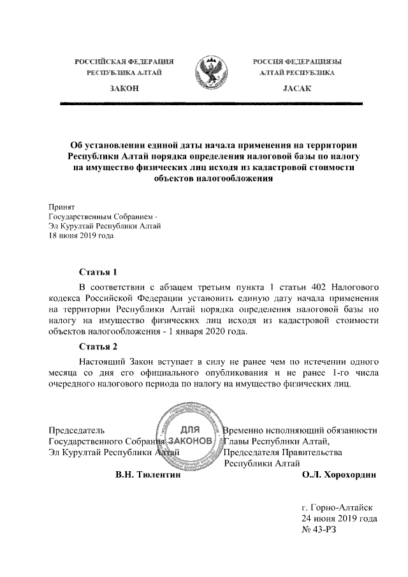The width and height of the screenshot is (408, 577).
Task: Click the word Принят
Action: (62, 207)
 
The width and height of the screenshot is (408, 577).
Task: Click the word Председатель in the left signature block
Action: (77, 430)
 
